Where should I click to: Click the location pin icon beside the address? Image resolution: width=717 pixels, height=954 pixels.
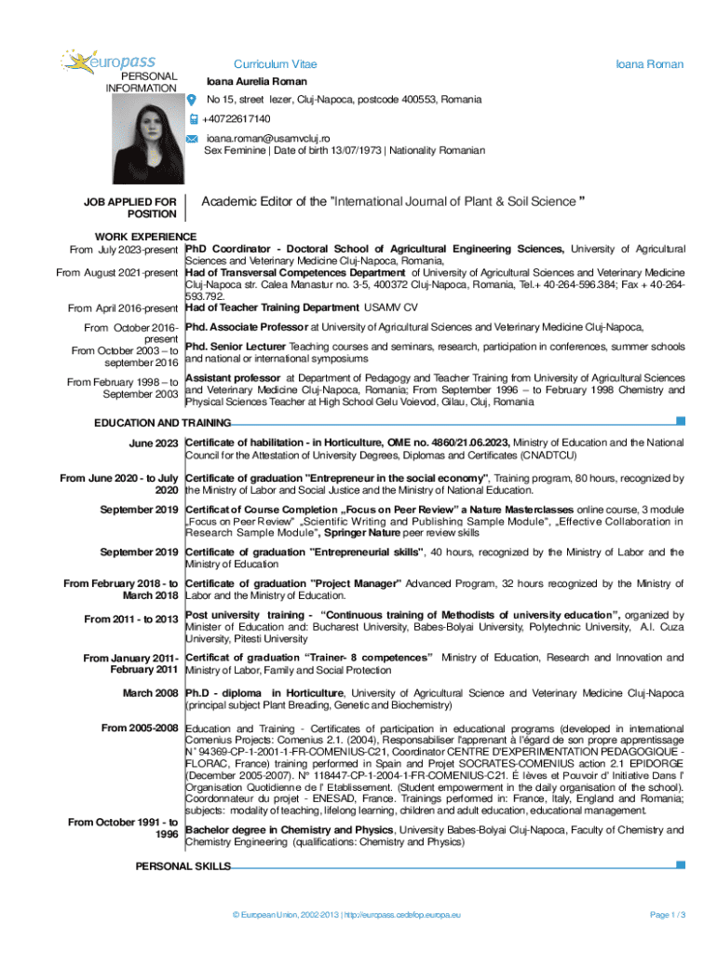pos(193,100)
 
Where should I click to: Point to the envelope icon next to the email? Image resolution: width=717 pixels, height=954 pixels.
pos(193,138)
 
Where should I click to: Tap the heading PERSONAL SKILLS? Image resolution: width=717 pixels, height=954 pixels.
pos(183,866)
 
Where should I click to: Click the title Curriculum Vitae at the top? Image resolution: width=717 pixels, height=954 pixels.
pos(275,64)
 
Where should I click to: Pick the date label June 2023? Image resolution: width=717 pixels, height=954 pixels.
pos(154,443)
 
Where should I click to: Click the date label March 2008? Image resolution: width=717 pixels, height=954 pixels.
pos(151,693)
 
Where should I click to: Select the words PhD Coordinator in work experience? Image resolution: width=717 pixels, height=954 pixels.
pos(228,249)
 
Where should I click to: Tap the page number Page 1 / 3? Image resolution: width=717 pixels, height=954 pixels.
pos(668,916)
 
